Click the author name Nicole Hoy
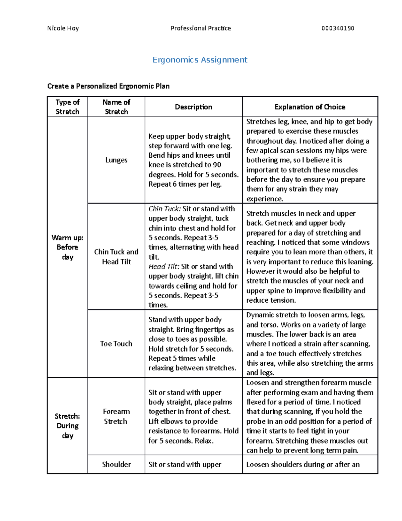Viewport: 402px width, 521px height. click(x=63, y=28)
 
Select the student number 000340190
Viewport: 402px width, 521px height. click(x=338, y=28)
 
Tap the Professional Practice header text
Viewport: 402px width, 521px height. click(x=201, y=28)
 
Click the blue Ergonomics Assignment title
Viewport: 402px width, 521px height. click(x=200, y=60)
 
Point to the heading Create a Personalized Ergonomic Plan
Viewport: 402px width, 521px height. click(x=108, y=86)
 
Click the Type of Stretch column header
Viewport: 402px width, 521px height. click(x=67, y=107)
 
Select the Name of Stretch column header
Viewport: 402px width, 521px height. click(x=116, y=107)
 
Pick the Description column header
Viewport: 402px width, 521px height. click(x=193, y=107)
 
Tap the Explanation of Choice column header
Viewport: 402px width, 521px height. click(x=310, y=107)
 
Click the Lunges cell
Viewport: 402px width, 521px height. click(x=116, y=160)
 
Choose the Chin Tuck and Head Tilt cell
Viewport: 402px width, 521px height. click(x=116, y=257)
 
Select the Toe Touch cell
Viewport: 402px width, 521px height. click(x=116, y=344)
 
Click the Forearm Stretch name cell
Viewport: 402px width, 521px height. click(x=116, y=416)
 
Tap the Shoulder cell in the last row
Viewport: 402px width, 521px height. click(x=116, y=464)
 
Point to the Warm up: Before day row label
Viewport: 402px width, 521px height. click(x=67, y=247)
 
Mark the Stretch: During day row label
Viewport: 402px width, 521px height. click(x=67, y=426)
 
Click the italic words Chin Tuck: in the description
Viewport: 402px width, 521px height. click(x=164, y=209)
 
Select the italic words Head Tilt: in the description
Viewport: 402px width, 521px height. click(x=164, y=266)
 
